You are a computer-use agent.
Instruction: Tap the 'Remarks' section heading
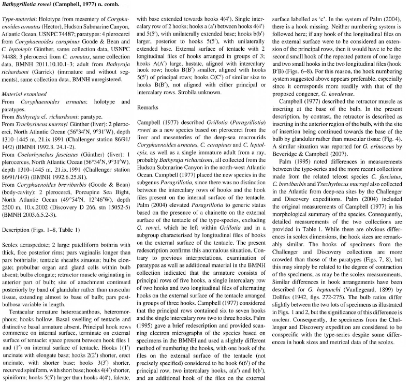[x=149, y=106]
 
